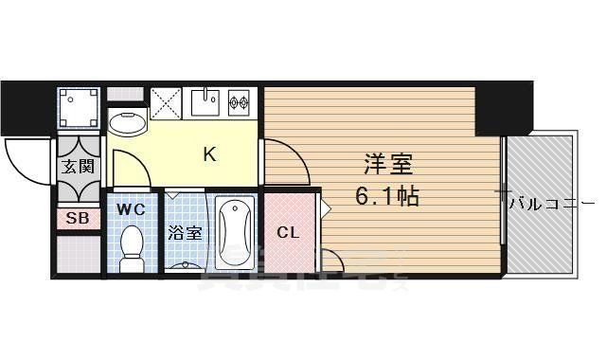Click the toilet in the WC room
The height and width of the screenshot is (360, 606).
pos(131,244)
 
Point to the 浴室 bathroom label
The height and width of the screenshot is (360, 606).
pos(184,233)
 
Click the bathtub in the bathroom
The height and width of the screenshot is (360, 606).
pos(233,233)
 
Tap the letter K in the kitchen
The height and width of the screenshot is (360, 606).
pos(209,154)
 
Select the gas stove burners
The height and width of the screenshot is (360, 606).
pos(237,100)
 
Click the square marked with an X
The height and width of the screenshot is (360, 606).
pos(167,102)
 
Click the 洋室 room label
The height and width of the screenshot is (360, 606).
pos(387,165)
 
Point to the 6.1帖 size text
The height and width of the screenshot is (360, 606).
pos(387,198)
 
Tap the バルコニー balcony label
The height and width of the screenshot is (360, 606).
pos(552,203)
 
